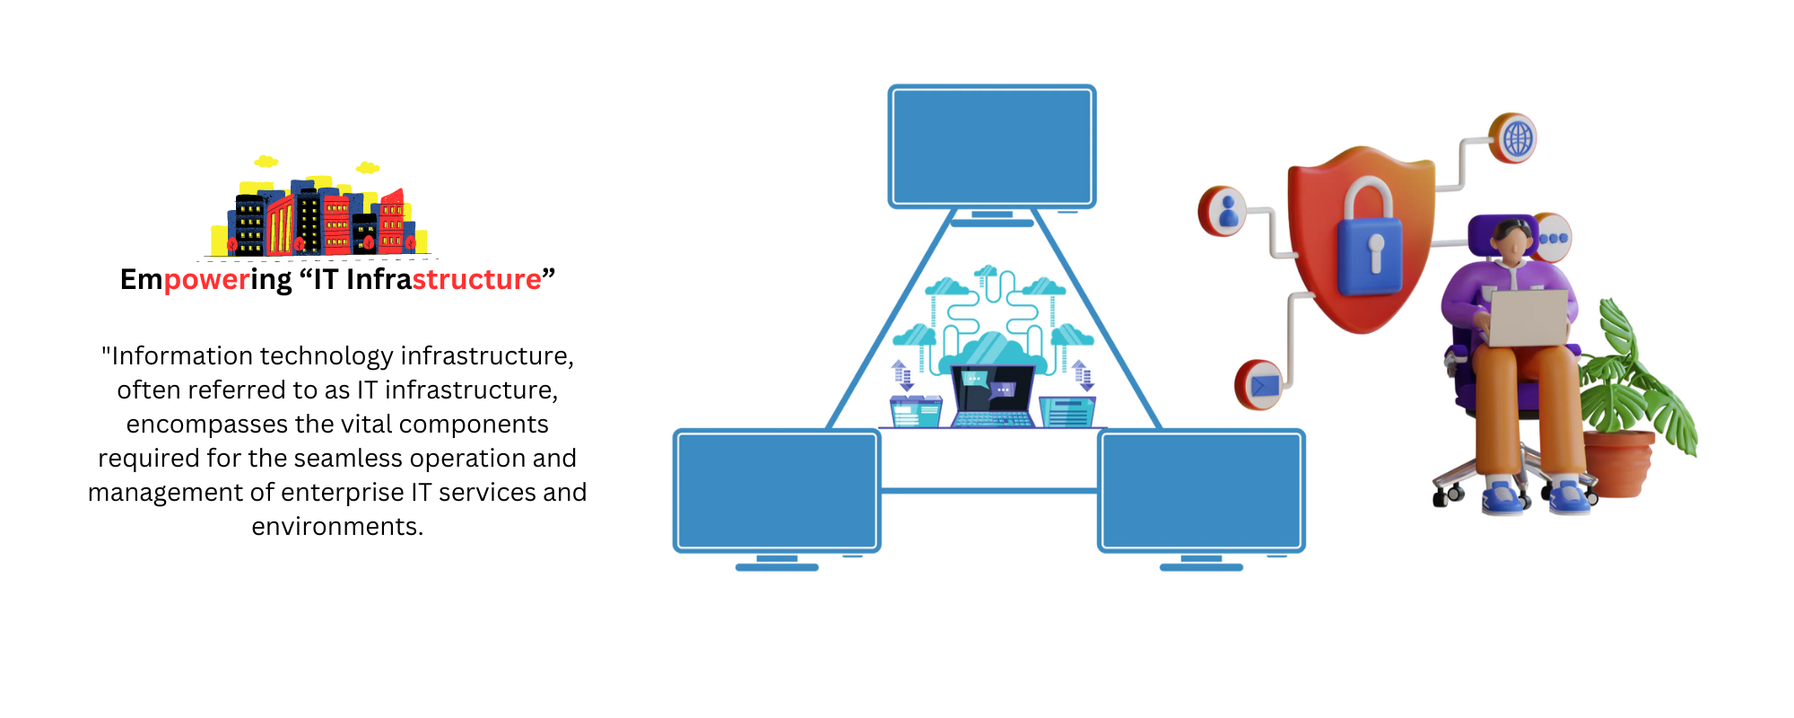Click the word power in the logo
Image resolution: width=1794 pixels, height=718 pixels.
[x=206, y=280]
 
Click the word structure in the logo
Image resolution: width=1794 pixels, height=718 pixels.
[x=476, y=280]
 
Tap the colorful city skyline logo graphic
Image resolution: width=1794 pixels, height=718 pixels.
[x=318, y=215]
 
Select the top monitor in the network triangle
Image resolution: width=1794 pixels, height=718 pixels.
[x=992, y=146]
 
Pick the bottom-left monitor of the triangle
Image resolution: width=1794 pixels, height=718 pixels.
[x=777, y=490]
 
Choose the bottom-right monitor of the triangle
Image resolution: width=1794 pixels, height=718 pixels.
[x=1201, y=490]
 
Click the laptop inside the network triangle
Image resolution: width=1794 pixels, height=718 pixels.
[x=992, y=396]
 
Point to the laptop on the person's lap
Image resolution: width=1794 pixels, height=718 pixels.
[x=1528, y=317]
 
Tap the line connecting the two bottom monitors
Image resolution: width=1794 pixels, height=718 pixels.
[x=988, y=490]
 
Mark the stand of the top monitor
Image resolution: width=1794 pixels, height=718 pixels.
[x=992, y=217]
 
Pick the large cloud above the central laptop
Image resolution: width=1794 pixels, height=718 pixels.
[x=992, y=349]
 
